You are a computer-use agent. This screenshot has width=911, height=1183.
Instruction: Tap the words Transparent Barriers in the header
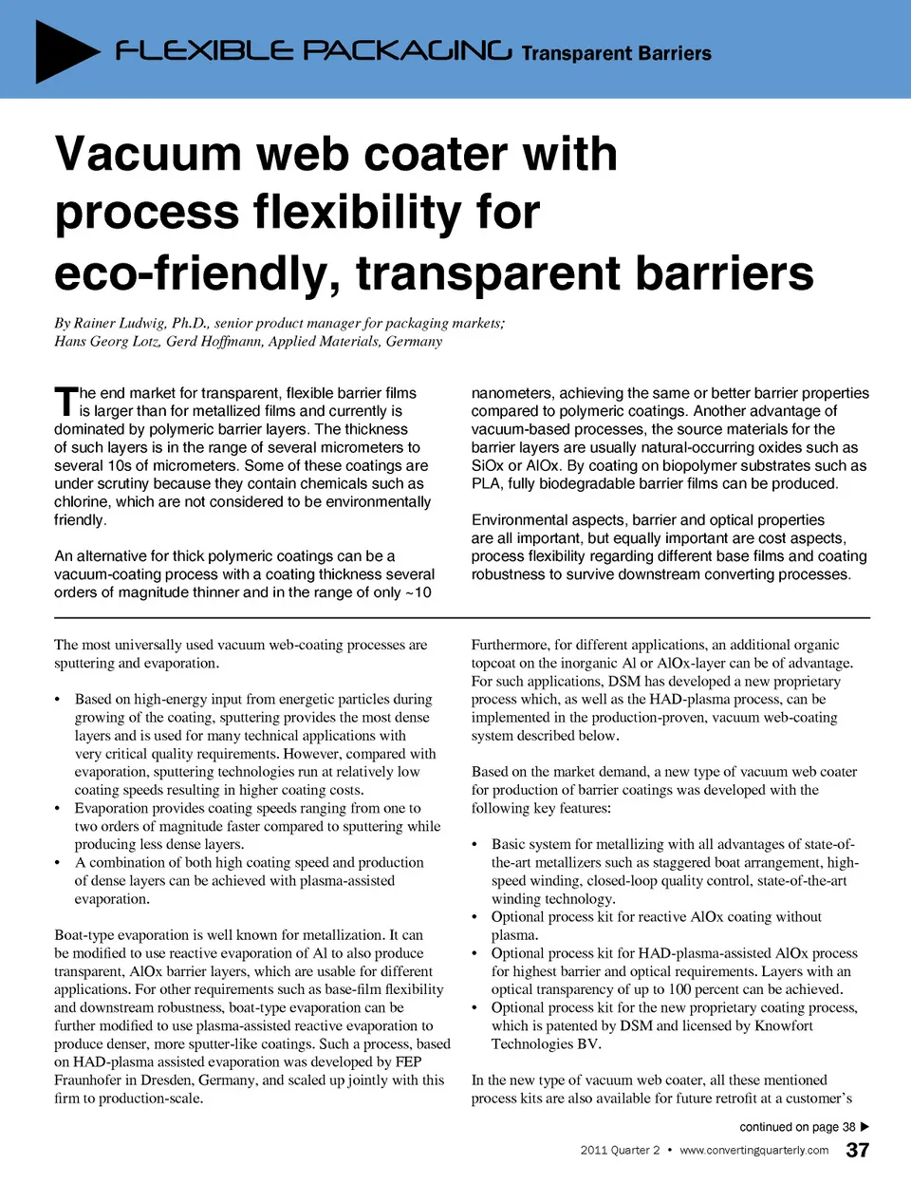[616, 53]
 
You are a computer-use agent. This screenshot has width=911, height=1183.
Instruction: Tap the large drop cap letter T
[65, 402]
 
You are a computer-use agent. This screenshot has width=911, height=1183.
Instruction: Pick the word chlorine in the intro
[83, 501]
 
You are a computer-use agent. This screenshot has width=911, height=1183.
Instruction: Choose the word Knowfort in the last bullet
[784, 1025]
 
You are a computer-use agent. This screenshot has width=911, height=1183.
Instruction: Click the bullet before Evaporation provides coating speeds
[59, 808]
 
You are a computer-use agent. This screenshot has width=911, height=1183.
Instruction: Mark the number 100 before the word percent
[679, 989]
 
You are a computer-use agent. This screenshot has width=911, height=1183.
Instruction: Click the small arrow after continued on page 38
[865, 1127]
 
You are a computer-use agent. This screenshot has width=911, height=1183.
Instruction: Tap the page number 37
[857, 1150]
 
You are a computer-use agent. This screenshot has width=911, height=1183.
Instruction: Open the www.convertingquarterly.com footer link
[753, 1150]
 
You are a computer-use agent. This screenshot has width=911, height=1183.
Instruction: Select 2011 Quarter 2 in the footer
[620, 1150]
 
